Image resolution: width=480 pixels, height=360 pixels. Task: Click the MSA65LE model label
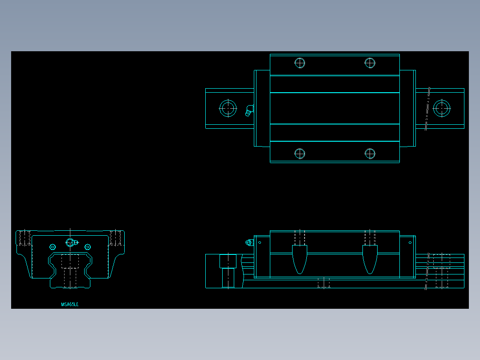pyautogui.click(x=70, y=304)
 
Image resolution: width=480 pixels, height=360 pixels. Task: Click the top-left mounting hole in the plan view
pyautogui.click(x=300, y=63)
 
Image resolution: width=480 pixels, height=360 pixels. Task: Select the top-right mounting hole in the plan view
pyautogui.click(x=370, y=63)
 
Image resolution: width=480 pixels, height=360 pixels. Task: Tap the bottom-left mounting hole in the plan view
pyautogui.click(x=300, y=154)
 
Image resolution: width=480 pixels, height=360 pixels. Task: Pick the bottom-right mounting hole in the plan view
pyautogui.click(x=370, y=154)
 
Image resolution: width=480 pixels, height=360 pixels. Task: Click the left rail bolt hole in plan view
pyautogui.click(x=228, y=108)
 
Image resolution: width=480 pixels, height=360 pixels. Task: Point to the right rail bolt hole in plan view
pyautogui.click(x=441, y=108)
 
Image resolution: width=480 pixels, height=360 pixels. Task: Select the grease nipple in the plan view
pyautogui.click(x=249, y=110)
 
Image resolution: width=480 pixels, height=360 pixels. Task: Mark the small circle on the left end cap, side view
pyautogui.click(x=260, y=243)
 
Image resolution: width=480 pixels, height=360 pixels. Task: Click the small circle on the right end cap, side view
pyautogui.click(x=410, y=243)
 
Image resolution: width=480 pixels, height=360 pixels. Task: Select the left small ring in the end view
pyautogui.click(x=53, y=247)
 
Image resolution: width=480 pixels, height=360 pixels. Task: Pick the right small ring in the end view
pyautogui.click(x=87, y=247)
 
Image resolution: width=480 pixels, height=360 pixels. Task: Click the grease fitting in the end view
pyautogui.click(x=71, y=242)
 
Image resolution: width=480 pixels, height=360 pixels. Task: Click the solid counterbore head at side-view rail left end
pyautogui.click(x=228, y=261)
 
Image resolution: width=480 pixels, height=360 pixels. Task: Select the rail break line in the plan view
pyautogui.click(x=428, y=108)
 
